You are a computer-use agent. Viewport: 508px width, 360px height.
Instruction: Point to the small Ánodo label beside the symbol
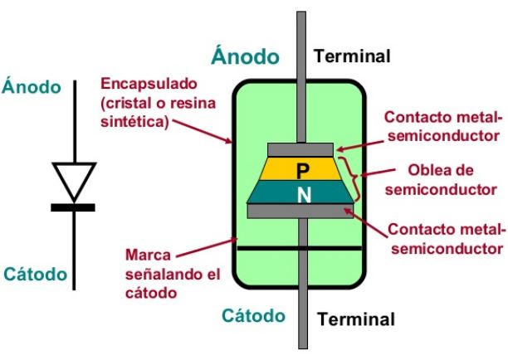(32, 86)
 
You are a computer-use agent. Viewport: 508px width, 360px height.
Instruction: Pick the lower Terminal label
(358, 319)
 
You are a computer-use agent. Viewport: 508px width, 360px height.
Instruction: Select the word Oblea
(430, 171)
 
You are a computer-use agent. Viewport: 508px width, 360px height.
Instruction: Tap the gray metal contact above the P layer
(300, 148)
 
